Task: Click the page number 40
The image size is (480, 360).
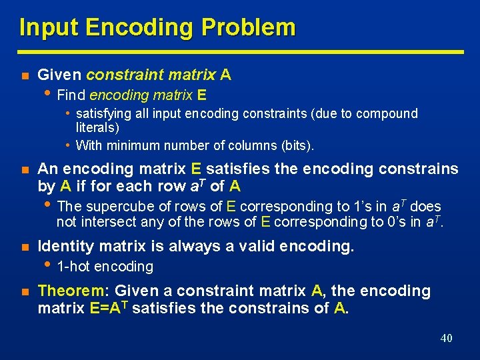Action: tap(446, 338)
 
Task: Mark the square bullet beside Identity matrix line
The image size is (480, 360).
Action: tap(23, 247)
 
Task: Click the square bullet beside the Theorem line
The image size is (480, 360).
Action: tap(23, 291)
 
